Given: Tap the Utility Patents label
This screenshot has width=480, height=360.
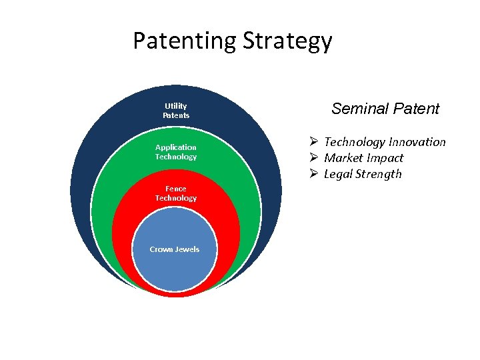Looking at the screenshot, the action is tap(176, 111).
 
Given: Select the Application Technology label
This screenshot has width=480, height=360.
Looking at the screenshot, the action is tap(176, 152).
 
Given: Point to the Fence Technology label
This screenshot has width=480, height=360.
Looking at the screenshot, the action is tap(176, 193).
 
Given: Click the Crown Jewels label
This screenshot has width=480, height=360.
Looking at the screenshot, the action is tap(175, 249).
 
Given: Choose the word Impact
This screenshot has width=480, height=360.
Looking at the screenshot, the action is tap(385, 158).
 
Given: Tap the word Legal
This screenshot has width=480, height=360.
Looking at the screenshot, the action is tap(338, 174).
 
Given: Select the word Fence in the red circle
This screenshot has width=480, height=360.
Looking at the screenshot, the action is tap(176, 189).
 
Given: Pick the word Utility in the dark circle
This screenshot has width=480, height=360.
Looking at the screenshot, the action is tap(176, 106).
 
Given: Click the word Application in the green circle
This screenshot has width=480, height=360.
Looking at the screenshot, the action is tap(176, 147).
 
